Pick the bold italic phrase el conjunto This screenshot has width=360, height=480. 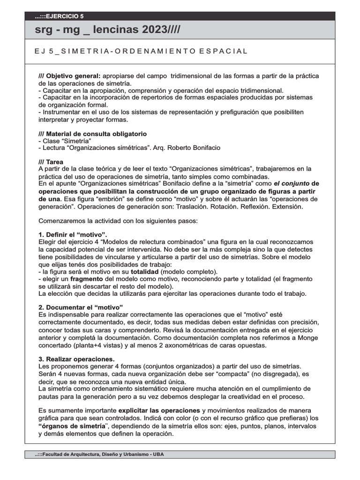point(292,184)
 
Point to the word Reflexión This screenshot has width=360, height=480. point(257,206)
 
